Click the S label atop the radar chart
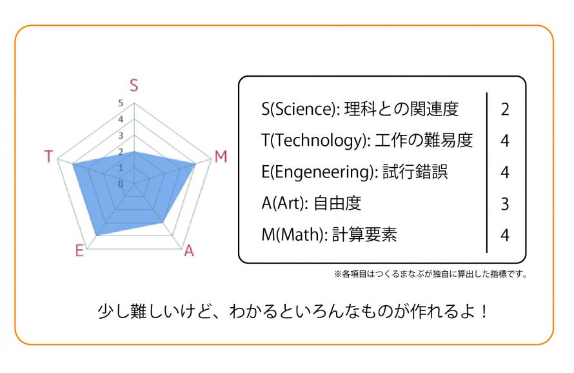[134, 85]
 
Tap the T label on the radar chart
[48, 156]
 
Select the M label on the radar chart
[221, 157]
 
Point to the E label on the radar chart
[79, 251]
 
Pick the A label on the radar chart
[189, 251]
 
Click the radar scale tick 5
[121, 103]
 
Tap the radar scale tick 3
[121, 136]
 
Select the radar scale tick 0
[121, 184]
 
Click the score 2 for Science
[505, 110]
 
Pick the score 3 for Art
[505, 204]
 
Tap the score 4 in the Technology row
[505, 141]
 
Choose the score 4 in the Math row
[505, 236]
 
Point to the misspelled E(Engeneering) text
[318, 172]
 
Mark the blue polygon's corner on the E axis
[96, 236]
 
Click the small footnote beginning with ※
[431, 274]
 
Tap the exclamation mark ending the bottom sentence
[484, 312]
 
